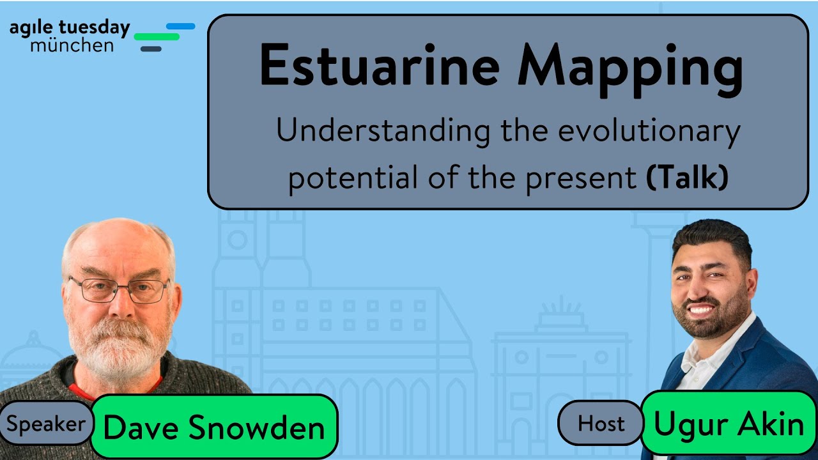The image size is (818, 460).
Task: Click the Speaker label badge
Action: (46, 424)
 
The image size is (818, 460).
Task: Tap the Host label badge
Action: (600, 423)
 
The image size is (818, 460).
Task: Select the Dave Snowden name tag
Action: (214, 427)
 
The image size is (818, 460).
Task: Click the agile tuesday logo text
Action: (69, 28)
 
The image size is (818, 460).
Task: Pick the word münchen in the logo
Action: (72, 45)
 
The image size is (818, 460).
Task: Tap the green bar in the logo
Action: (157, 37)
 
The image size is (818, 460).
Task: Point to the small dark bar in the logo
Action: (151, 49)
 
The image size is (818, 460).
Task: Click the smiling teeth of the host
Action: (702, 309)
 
